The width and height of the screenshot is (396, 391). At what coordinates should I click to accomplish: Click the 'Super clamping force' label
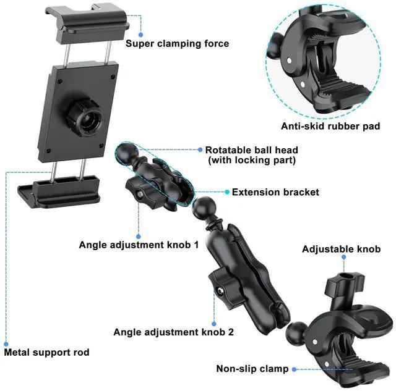point(177,43)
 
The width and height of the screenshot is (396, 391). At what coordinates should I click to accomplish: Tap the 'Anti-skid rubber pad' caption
point(330,126)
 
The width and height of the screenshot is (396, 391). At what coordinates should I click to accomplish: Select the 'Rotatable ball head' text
point(252,150)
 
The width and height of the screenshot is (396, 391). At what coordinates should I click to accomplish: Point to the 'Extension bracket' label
point(275,192)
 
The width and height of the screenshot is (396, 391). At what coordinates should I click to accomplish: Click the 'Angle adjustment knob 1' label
point(139,245)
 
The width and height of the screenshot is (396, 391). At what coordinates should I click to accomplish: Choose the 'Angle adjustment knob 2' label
point(173,332)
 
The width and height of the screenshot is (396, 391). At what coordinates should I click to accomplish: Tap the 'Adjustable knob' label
point(341,250)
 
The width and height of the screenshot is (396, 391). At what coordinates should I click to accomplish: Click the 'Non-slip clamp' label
point(252,369)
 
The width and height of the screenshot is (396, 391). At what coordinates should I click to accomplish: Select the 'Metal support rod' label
point(47,353)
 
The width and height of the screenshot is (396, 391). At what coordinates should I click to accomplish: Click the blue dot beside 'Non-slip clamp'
point(294,369)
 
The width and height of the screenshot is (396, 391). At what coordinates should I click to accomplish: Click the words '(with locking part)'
point(252,161)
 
